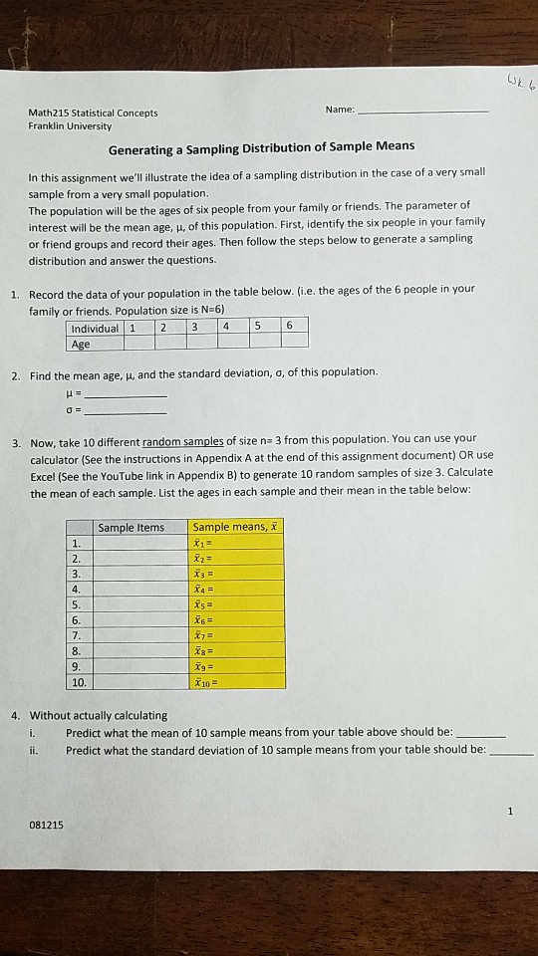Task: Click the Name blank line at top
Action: pyautogui.click(x=422, y=112)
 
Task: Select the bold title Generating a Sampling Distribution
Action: pyautogui.click(x=262, y=146)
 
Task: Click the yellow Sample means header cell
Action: pyautogui.click(x=237, y=527)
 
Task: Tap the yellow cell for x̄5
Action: pyautogui.click(x=237, y=604)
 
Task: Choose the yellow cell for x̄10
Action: pyautogui.click(x=237, y=681)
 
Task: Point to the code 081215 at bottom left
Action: pyautogui.click(x=46, y=824)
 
